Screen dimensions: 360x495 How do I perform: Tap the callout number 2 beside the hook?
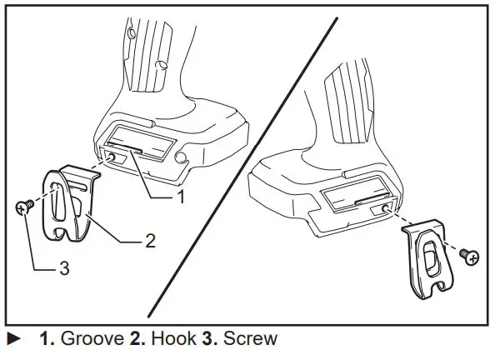pos(150,242)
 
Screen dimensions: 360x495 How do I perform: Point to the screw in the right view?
pos(472,257)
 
